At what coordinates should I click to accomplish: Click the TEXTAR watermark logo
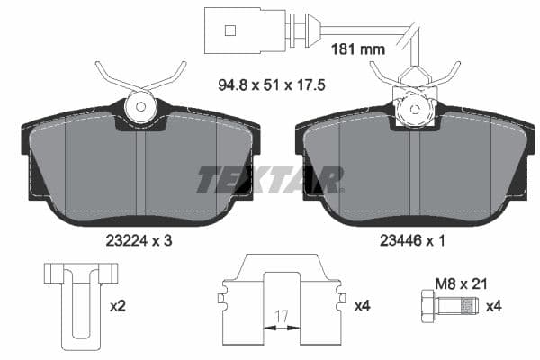pos(269,179)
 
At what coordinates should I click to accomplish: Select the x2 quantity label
pos(117,306)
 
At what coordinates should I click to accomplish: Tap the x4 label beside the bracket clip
pos(362,306)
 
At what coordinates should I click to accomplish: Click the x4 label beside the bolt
pos(494,306)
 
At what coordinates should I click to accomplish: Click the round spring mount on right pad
pos(415,109)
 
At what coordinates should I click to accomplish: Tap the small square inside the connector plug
pos(229,31)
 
